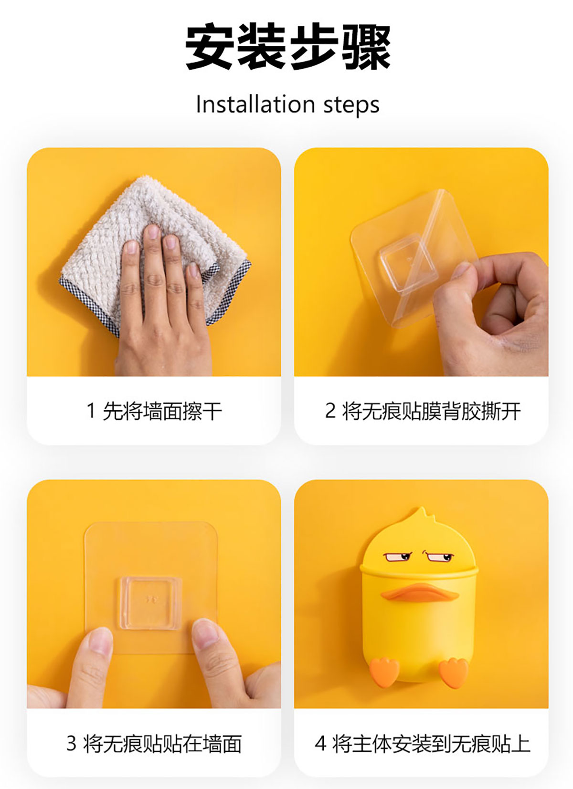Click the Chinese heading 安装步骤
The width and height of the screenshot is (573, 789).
288,46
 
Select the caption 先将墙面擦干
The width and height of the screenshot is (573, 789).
162,411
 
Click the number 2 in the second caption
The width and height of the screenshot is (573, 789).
330,411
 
